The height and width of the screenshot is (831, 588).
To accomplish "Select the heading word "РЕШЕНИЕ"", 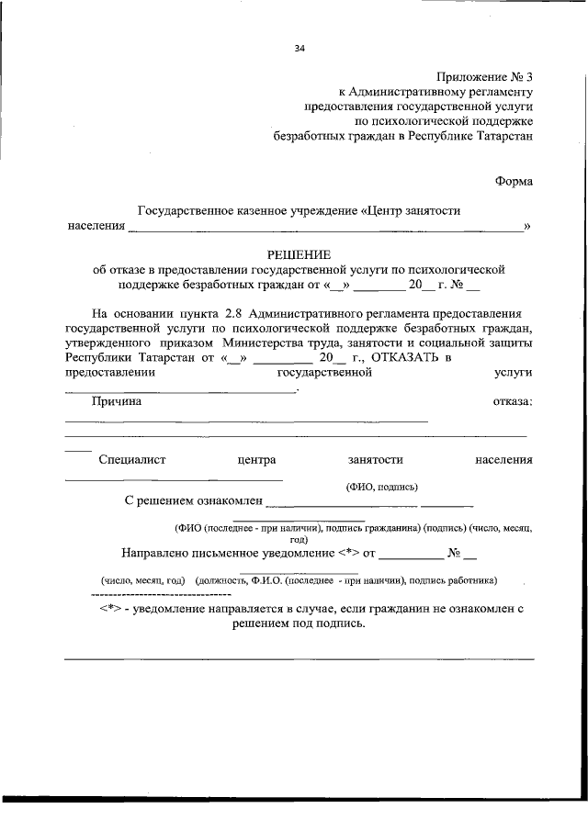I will tap(298, 254).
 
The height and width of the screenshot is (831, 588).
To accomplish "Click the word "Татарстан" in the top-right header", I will tap(503, 136).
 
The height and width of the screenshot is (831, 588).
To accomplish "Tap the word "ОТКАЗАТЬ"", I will tap(399, 357).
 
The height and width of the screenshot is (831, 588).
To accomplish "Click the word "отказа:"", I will tap(513, 401).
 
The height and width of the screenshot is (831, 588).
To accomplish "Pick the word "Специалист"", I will tap(131, 459).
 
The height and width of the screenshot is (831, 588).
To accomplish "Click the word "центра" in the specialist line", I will tap(255, 459).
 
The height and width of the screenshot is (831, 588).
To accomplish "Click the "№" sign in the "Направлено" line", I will tap(454, 554).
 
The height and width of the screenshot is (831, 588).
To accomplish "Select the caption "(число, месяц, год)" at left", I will tap(143, 580).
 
